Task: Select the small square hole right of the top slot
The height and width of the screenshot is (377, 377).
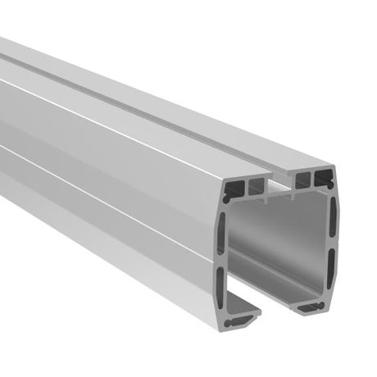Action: point(303,176)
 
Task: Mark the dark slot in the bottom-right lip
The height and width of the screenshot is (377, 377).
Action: point(311,305)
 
